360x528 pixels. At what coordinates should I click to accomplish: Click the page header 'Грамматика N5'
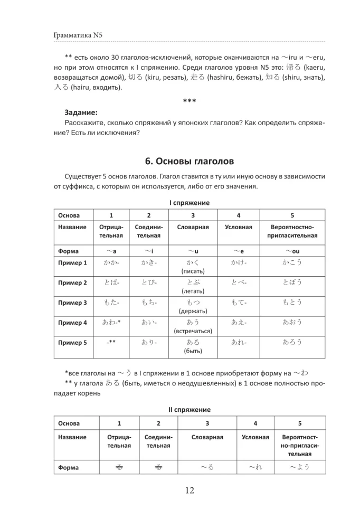coord(78,35)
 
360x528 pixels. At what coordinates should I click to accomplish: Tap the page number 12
coord(190,491)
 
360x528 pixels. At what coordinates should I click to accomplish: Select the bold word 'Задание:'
coord(81,112)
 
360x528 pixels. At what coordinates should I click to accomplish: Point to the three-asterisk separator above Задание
coord(190,101)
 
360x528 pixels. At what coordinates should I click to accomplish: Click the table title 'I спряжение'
coord(190,203)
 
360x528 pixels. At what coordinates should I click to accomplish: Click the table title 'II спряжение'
coord(190,409)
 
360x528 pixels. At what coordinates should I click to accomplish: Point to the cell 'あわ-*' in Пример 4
coord(111,323)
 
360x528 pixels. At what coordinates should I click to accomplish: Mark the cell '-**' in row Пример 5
coord(111,342)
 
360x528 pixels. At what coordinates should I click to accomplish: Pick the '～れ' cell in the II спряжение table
coord(255,467)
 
